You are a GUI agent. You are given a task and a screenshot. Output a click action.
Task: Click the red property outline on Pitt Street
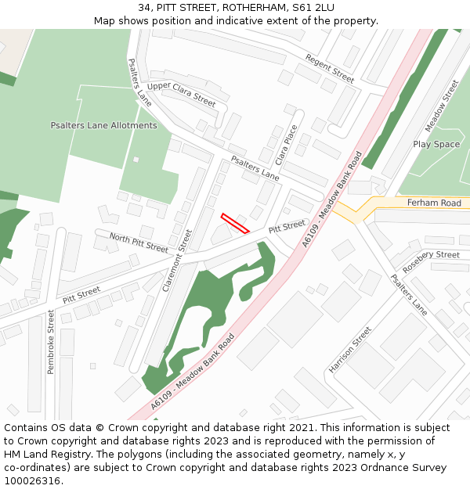pyautogui.click(x=235, y=223)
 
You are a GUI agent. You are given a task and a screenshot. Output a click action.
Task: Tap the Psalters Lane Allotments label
pyautogui.click(x=103, y=125)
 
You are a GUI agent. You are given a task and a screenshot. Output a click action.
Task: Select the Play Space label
pyautogui.click(x=436, y=144)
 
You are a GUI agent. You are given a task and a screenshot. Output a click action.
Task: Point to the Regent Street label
pyautogui.click(x=330, y=69)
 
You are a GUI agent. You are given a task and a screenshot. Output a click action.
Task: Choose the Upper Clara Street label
pyautogui.click(x=181, y=94)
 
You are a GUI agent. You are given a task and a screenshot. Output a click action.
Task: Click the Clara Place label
pyautogui.click(x=287, y=144)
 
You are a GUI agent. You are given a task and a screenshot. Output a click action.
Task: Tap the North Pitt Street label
pyautogui.click(x=139, y=243)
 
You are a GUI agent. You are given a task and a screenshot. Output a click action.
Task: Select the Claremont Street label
pyautogui.click(x=177, y=261)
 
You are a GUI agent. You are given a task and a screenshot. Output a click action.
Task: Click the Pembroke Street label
pyautogui.click(x=51, y=341)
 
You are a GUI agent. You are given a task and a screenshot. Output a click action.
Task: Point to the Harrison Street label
pyautogui.click(x=350, y=350)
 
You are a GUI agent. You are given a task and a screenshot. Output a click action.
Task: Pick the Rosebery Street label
pyautogui.click(x=436, y=255)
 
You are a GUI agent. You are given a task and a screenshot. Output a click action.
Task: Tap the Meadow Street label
pyautogui.click(x=442, y=105)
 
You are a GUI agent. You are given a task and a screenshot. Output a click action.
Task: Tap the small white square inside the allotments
pyautogui.click(x=136, y=160)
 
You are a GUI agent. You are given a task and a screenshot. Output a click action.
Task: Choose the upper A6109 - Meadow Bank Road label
pyautogui.click(x=332, y=200)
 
